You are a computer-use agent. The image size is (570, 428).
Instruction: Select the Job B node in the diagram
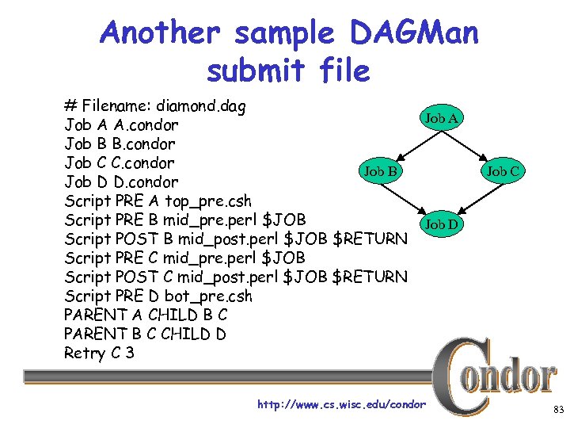click(x=381, y=170)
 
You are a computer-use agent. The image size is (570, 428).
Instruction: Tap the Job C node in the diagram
click(x=503, y=170)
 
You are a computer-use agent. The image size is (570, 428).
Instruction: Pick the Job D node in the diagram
click(x=442, y=224)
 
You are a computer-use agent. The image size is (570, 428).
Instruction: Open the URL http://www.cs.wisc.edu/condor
click(x=341, y=405)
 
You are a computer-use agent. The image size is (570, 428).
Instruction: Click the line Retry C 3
click(x=99, y=353)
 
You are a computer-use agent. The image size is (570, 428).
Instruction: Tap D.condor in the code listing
click(x=146, y=182)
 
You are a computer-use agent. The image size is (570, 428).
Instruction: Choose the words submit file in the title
click(x=288, y=71)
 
